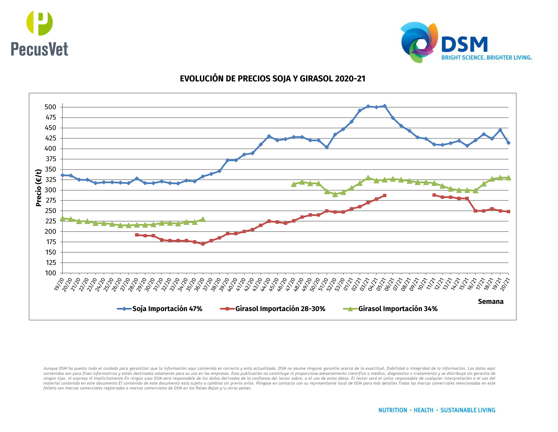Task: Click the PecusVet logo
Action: [x=39, y=33]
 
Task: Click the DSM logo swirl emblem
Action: [x=419, y=42]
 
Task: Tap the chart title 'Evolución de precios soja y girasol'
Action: [x=272, y=79]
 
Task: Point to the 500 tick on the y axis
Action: [x=50, y=107]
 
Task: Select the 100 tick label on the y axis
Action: [x=50, y=273]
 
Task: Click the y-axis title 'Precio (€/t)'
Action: [x=39, y=188]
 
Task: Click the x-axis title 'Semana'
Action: [x=490, y=302]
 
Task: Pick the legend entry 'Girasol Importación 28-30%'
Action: [x=280, y=309]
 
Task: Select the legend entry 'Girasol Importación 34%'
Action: [x=398, y=309]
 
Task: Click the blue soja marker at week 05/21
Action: [x=384, y=106]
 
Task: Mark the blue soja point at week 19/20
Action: [x=62, y=175]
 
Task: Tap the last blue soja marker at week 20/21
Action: [x=508, y=143]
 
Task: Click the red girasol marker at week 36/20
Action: [x=203, y=244]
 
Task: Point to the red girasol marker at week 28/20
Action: [x=137, y=235]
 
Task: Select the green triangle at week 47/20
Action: [x=294, y=184]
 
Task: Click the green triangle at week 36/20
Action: [x=203, y=219]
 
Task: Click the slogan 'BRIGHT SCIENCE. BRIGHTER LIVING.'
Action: [x=487, y=58]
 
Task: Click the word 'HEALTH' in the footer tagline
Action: [x=423, y=410]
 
